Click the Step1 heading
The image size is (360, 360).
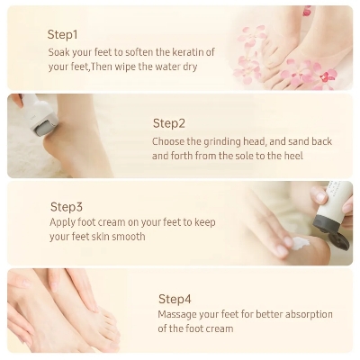pos(62,34)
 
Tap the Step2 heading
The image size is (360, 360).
pos(168,123)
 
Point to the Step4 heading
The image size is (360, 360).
pos(175,298)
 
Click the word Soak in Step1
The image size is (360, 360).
pos(58,51)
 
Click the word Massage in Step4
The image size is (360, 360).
pos(176,315)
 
